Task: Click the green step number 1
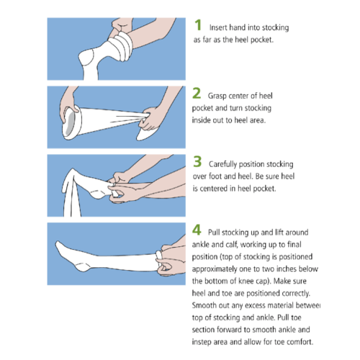(x=198, y=25)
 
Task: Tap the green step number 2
(x=197, y=93)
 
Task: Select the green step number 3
(x=197, y=161)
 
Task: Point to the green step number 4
(x=197, y=230)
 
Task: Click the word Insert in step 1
(x=218, y=27)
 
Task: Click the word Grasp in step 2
(x=217, y=96)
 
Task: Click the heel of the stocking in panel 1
(x=86, y=58)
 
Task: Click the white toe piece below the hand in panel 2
(x=147, y=132)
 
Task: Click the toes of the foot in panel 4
(x=59, y=246)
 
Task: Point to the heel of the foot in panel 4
(x=82, y=267)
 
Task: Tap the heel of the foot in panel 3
(x=97, y=194)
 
